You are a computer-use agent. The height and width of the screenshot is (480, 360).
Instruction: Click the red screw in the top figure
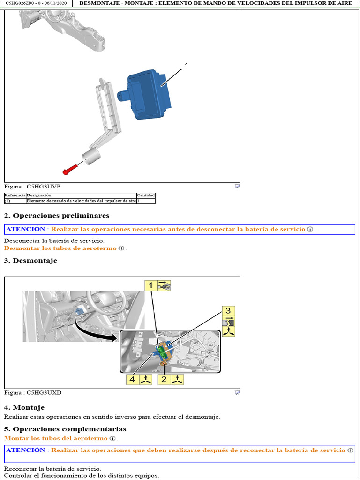tap(70, 169)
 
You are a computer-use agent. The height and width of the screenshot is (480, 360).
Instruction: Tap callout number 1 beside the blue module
tap(186, 66)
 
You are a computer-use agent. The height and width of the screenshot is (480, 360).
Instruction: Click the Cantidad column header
tap(146, 195)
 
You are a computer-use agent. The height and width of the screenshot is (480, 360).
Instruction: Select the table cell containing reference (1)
tap(15, 201)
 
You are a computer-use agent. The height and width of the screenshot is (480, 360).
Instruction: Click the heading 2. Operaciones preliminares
tap(57, 216)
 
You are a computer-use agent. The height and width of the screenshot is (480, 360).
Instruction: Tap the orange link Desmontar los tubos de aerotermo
tap(60, 248)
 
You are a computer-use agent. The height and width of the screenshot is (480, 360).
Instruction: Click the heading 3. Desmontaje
tap(30, 261)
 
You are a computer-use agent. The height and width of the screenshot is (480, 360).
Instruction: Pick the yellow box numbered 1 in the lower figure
tap(150, 285)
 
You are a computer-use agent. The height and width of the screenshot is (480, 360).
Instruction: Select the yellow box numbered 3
tap(228, 311)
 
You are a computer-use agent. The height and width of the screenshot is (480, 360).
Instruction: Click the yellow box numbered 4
tap(132, 379)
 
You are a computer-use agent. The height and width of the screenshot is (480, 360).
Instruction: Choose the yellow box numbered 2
tap(164, 379)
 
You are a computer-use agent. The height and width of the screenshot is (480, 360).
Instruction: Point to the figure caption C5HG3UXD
tap(33, 392)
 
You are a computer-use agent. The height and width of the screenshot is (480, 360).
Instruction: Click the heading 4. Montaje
tap(24, 408)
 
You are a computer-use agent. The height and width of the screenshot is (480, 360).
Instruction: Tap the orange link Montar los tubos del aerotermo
tap(56, 438)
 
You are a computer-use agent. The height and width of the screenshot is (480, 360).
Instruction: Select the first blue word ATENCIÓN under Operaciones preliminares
tap(26, 229)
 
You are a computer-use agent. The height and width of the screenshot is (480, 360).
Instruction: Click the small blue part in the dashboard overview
tap(79, 312)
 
